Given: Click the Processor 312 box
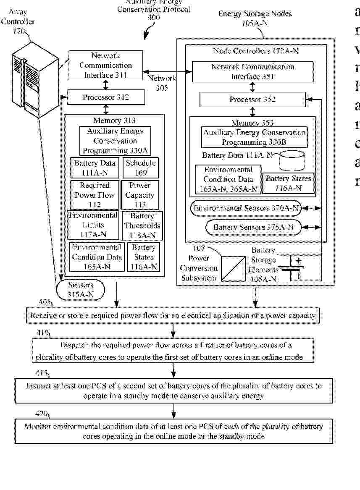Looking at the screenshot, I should coord(106,98).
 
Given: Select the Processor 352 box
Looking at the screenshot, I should coord(252,100).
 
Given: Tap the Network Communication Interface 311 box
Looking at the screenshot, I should coord(105,66).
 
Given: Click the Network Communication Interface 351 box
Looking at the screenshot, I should coord(252,72).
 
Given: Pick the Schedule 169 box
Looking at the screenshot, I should coord(140,168).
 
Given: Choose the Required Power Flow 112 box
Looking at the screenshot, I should coord(95,195).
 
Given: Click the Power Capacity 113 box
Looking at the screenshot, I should coord(140,195).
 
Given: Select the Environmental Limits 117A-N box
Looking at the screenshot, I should coord(93,225).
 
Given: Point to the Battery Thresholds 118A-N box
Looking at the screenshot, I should coord(142,225).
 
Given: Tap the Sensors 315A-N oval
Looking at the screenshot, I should coord(80,290).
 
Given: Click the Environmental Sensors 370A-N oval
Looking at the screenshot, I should coord(247,208).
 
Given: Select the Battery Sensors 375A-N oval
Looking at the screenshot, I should coord(254,228).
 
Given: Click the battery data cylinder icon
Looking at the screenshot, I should coord(292,161).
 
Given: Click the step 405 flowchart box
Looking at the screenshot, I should coord(173,315).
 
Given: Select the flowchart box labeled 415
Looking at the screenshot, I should coord(174,390).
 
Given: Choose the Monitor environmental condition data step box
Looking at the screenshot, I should coord(173,431).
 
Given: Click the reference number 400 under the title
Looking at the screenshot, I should coord(154,17).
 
